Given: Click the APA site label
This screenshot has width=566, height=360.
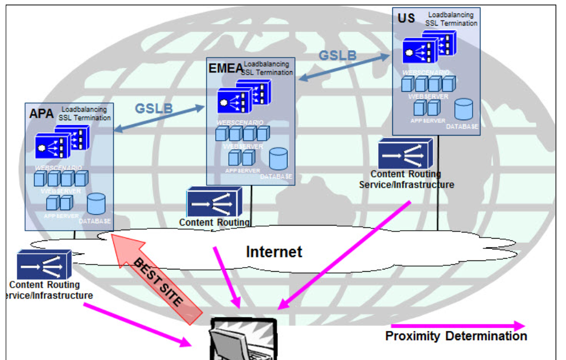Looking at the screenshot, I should tap(41, 113).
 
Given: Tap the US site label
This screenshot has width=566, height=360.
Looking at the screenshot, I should tap(406, 18).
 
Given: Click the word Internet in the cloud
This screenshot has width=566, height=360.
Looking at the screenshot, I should tap(274, 251).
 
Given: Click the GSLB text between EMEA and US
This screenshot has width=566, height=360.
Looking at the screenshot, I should tap(337, 55).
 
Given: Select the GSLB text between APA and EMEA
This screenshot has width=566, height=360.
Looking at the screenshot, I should tap(154, 108).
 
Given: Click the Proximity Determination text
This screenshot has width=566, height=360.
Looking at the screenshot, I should tap(456, 336).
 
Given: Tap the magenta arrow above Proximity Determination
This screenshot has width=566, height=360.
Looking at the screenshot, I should tap(456, 325).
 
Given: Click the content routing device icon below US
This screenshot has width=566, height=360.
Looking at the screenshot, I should tap(405, 154).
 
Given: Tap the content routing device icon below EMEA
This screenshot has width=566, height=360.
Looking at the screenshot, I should tap(214, 202).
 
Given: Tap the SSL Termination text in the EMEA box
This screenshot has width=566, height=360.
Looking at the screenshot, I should tap(267, 72).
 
